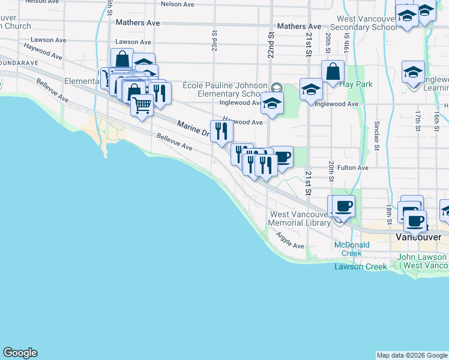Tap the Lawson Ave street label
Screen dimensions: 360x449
(x=133, y=42)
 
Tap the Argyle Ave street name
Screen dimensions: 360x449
(x=290, y=241)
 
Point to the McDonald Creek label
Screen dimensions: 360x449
(x=352, y=248)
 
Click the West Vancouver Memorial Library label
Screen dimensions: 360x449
(x=299, y=218)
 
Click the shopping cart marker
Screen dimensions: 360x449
(x=142, y=104)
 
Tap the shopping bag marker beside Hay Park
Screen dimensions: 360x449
(x=333, y=71)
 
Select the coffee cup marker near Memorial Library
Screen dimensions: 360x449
(x=343, y=206)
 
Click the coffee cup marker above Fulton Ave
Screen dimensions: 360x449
(x=282, y=157)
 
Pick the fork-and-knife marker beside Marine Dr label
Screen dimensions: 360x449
(x=221, y=130)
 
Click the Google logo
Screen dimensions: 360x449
(x=20, y=353)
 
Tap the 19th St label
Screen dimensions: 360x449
(x=346, y=41)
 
